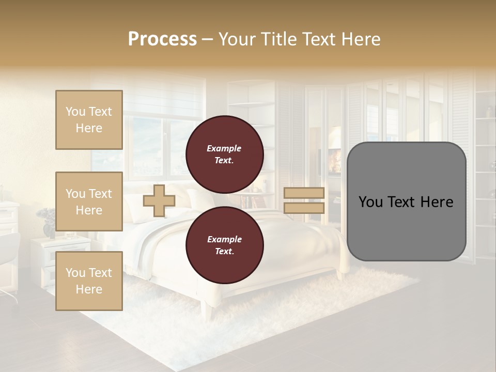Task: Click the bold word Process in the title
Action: tap(162, 39)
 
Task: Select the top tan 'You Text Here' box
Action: tap(89, 120)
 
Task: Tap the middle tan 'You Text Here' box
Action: tap(89, 202)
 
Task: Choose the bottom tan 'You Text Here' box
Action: tap(89, 281)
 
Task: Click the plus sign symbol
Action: tap(159, 201)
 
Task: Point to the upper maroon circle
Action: tap(224, 154)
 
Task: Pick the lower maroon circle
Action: tap(224, 245)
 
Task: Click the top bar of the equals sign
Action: tap(304, 193)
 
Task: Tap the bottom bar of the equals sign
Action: tap(304, 208)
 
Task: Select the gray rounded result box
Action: tap(406, 202)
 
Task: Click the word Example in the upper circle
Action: tap(224, 148)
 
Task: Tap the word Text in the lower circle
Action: tap(224, 252)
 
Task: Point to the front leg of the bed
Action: tap(206, 310)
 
